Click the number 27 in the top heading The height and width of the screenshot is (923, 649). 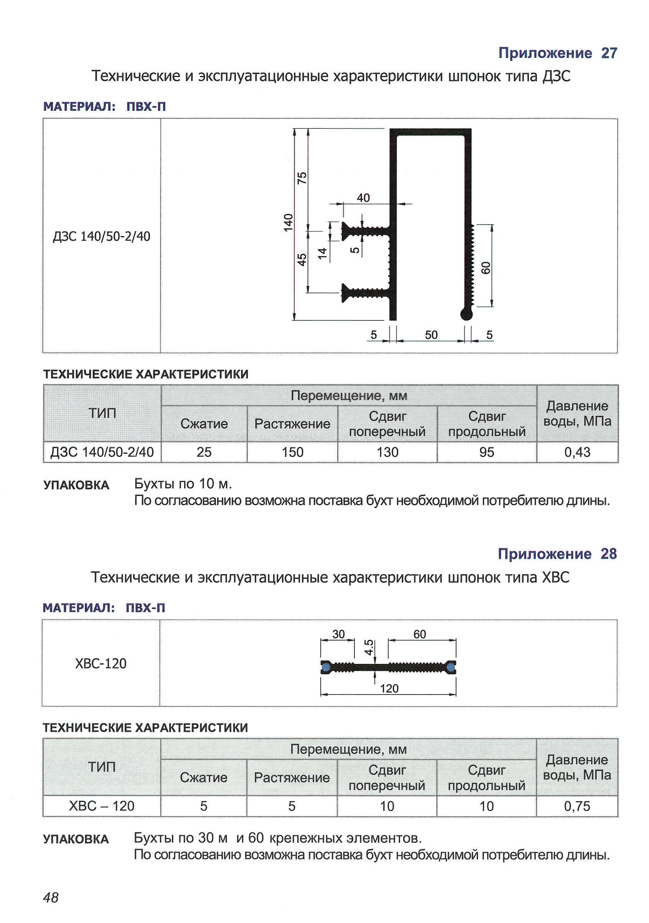tap(609, 53)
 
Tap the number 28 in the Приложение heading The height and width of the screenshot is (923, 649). tap(608, 553)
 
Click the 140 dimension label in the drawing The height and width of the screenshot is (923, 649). tap(288, 222)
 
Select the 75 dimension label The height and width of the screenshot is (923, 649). tap(302, 178)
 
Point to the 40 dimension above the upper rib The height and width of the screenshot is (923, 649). tap(363, 197)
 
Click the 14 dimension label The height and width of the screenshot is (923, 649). tap(322, 253)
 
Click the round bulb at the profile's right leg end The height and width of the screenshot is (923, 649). tap(466, 314)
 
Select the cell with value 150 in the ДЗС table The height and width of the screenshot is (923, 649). tap(292, 452)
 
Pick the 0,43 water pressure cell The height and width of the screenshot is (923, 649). tap(577, 452)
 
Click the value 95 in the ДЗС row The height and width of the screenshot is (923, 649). tap(486, 452)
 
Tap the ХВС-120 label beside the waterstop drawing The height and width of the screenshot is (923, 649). tap(100, 663)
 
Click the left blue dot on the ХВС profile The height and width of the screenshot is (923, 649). tap(326, 667)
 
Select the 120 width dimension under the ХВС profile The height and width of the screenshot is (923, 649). tap(389, 688)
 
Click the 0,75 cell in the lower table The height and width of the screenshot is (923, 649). tap(577, 806)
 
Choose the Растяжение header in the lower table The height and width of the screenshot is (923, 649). tap(292, 777)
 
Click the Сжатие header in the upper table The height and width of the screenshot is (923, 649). tap(204, 423)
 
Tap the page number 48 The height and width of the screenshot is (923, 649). tap(51, 897)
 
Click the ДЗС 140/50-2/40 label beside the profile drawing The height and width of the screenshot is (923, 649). tap(101, 236)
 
